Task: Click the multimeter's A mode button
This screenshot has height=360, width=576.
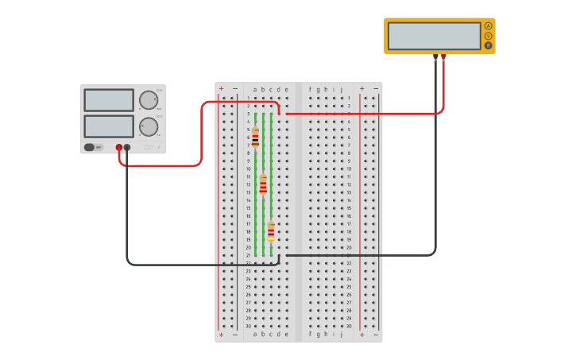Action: [488, 25]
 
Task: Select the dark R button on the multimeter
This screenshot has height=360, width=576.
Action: [488, 45]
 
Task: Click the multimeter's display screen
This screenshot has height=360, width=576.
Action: [434, 36]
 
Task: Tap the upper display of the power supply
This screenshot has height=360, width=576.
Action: [109, 100]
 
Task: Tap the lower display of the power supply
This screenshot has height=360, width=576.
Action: [109, 126]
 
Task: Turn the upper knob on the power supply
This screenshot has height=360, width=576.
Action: [149, 100]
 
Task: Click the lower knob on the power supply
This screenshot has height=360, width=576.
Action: [149, 126]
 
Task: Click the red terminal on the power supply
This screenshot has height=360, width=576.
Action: [119, 147]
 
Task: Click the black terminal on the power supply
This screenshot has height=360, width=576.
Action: [127, 147]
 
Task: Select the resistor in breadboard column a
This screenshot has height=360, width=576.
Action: [255, 137]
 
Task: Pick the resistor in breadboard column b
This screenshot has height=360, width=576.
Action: [263, 185]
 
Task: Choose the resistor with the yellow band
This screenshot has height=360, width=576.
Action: [271, 231]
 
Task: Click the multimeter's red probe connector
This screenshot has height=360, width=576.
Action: [443, 56]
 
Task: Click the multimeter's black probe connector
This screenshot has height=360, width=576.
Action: [435, 56]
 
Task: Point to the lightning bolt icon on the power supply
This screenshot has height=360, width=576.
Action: [158, 147]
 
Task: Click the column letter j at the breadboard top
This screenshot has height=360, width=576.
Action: [342, 90]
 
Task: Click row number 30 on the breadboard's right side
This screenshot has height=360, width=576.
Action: [349, 326]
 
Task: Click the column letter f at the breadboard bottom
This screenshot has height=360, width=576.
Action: [311, 335]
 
